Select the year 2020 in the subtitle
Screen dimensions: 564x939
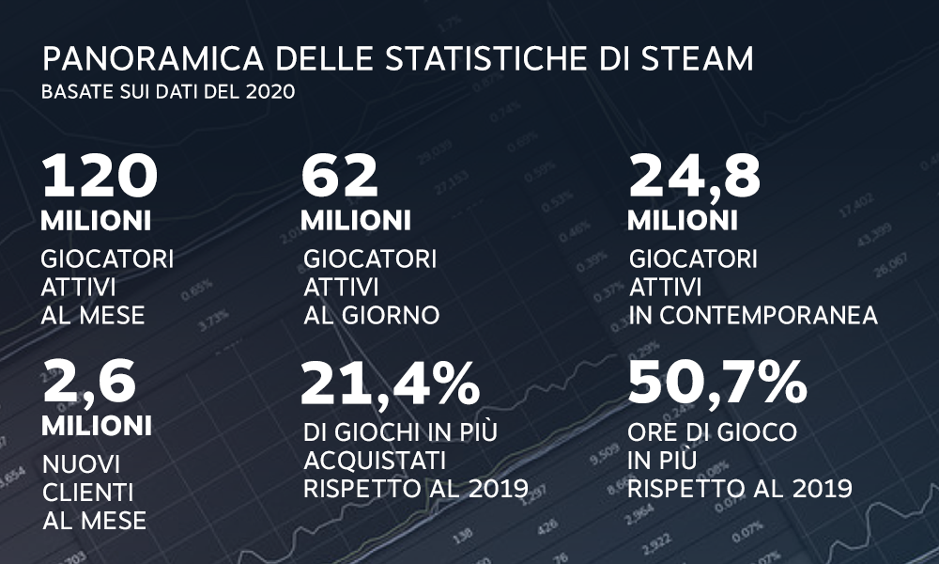[271, 93]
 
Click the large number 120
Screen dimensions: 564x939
[100, 176]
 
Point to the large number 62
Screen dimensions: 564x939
[339, 176]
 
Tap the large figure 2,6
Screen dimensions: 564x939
[91, 383]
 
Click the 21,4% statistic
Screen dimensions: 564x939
[391, 383]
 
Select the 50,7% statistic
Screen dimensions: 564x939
[717, 383]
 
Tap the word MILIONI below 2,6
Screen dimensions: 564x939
[97, 426]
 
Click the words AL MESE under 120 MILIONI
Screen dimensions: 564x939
[94, 315]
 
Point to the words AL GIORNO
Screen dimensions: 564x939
[372, 315]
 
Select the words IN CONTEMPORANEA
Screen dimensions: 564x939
[754, 315]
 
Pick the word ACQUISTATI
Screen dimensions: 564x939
[375, 461]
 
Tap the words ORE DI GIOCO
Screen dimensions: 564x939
[713, 432]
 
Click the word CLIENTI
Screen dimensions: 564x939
[87, 492]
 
